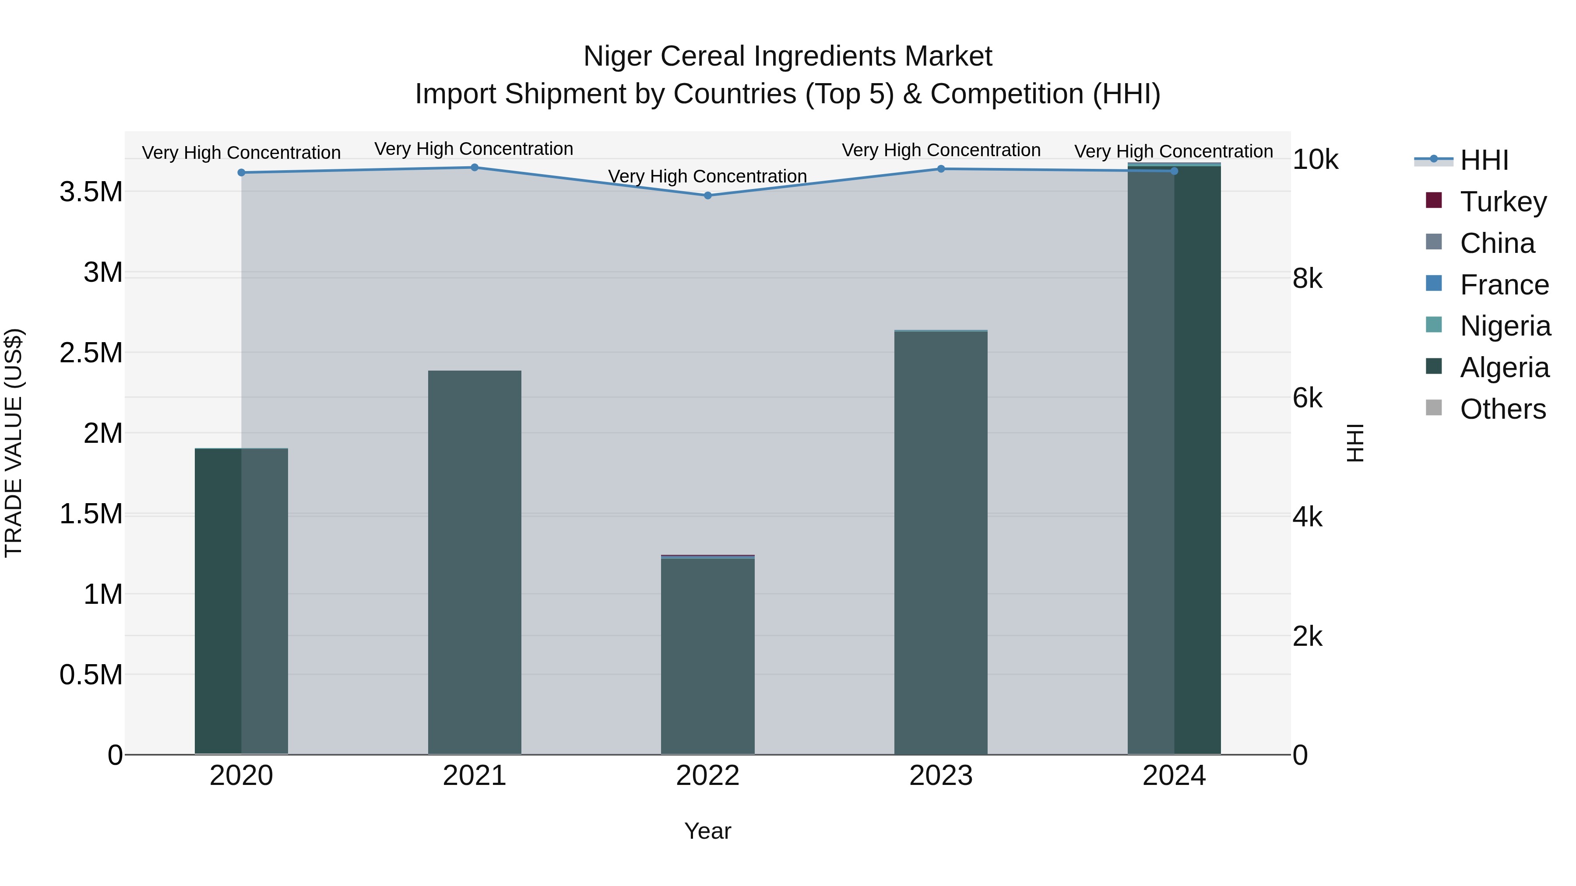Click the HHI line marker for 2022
pos(708,196)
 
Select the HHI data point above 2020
pos(241,172)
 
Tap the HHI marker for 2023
pos(941,169)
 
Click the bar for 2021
pos(474,563)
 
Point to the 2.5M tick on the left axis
pos(91,353)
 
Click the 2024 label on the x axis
pos(1174,776)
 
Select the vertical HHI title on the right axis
pos(1355,443)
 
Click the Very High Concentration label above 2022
pos(707,176)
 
